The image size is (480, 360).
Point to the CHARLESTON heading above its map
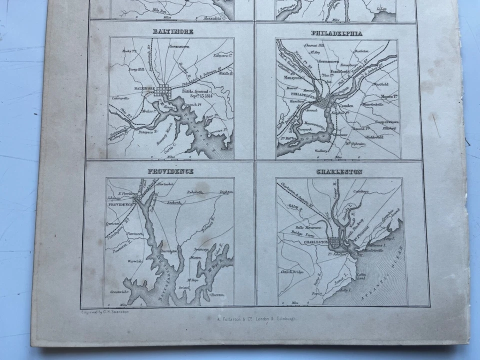pyautogui.click(x=339, y=172)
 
